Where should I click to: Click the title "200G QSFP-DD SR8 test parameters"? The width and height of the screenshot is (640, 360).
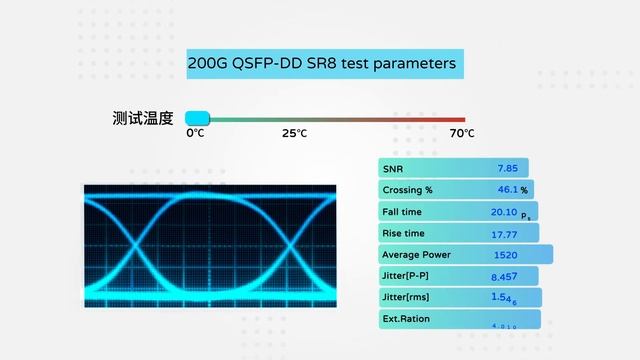tap(322, 63)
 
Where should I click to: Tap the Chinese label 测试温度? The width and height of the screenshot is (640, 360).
tap(143, 118)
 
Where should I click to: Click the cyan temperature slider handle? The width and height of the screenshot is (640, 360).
tap(197, 118)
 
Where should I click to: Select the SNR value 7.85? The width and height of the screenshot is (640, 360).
tap(507, 168)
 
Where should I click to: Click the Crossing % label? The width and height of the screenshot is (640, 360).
tap(407, 190)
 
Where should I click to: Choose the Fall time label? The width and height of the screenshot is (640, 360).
tap(403, 212)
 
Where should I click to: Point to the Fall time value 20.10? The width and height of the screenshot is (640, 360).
tap(504, 212)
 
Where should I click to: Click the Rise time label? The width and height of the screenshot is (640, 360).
tap(404, 234)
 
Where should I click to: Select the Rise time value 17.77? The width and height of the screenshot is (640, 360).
tap(504, 234)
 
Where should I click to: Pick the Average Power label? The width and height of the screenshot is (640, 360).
tap(416, 255)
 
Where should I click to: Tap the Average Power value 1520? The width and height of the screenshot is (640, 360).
tap(505, 255)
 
